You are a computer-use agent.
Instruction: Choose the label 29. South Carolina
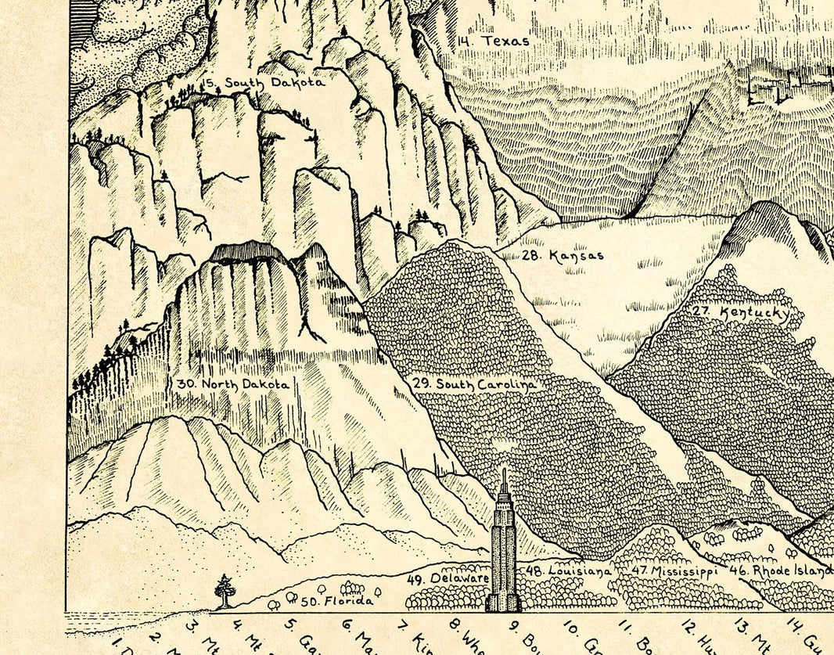(474, 384)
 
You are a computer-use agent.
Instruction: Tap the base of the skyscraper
(503, 604)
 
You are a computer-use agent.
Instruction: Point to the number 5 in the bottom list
(289, 624)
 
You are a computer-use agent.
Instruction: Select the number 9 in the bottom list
(514, 624)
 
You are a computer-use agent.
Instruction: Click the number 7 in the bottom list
(402, 624)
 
